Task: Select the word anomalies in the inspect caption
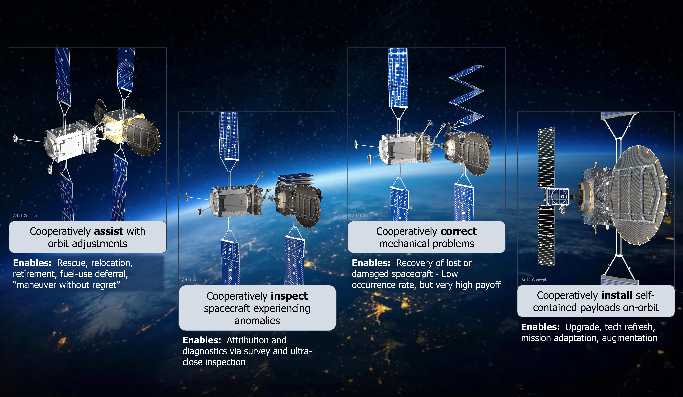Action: pyautogui.click(x=257, y=321)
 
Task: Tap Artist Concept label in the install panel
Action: pyautogui.click(x=534, y=280)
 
